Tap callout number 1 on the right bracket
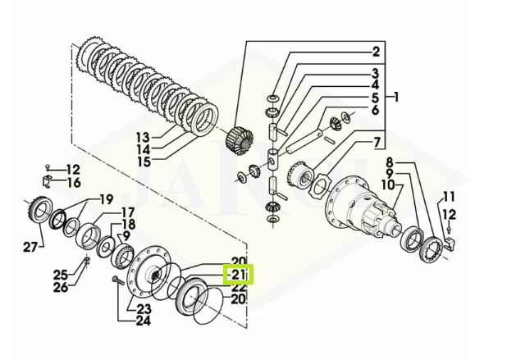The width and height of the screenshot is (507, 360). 396,97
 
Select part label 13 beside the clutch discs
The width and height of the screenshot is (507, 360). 144,137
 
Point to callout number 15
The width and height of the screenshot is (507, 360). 144,162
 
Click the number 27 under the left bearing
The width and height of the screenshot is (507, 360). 30,246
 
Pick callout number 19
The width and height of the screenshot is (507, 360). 106,199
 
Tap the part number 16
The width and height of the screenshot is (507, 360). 74,182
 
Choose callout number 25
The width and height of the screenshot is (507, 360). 60,273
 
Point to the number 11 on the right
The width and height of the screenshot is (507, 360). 447,196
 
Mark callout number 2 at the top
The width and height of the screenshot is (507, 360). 376,52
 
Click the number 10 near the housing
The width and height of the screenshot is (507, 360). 396,187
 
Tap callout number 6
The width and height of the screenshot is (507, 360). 375,110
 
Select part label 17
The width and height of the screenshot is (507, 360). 129,212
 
